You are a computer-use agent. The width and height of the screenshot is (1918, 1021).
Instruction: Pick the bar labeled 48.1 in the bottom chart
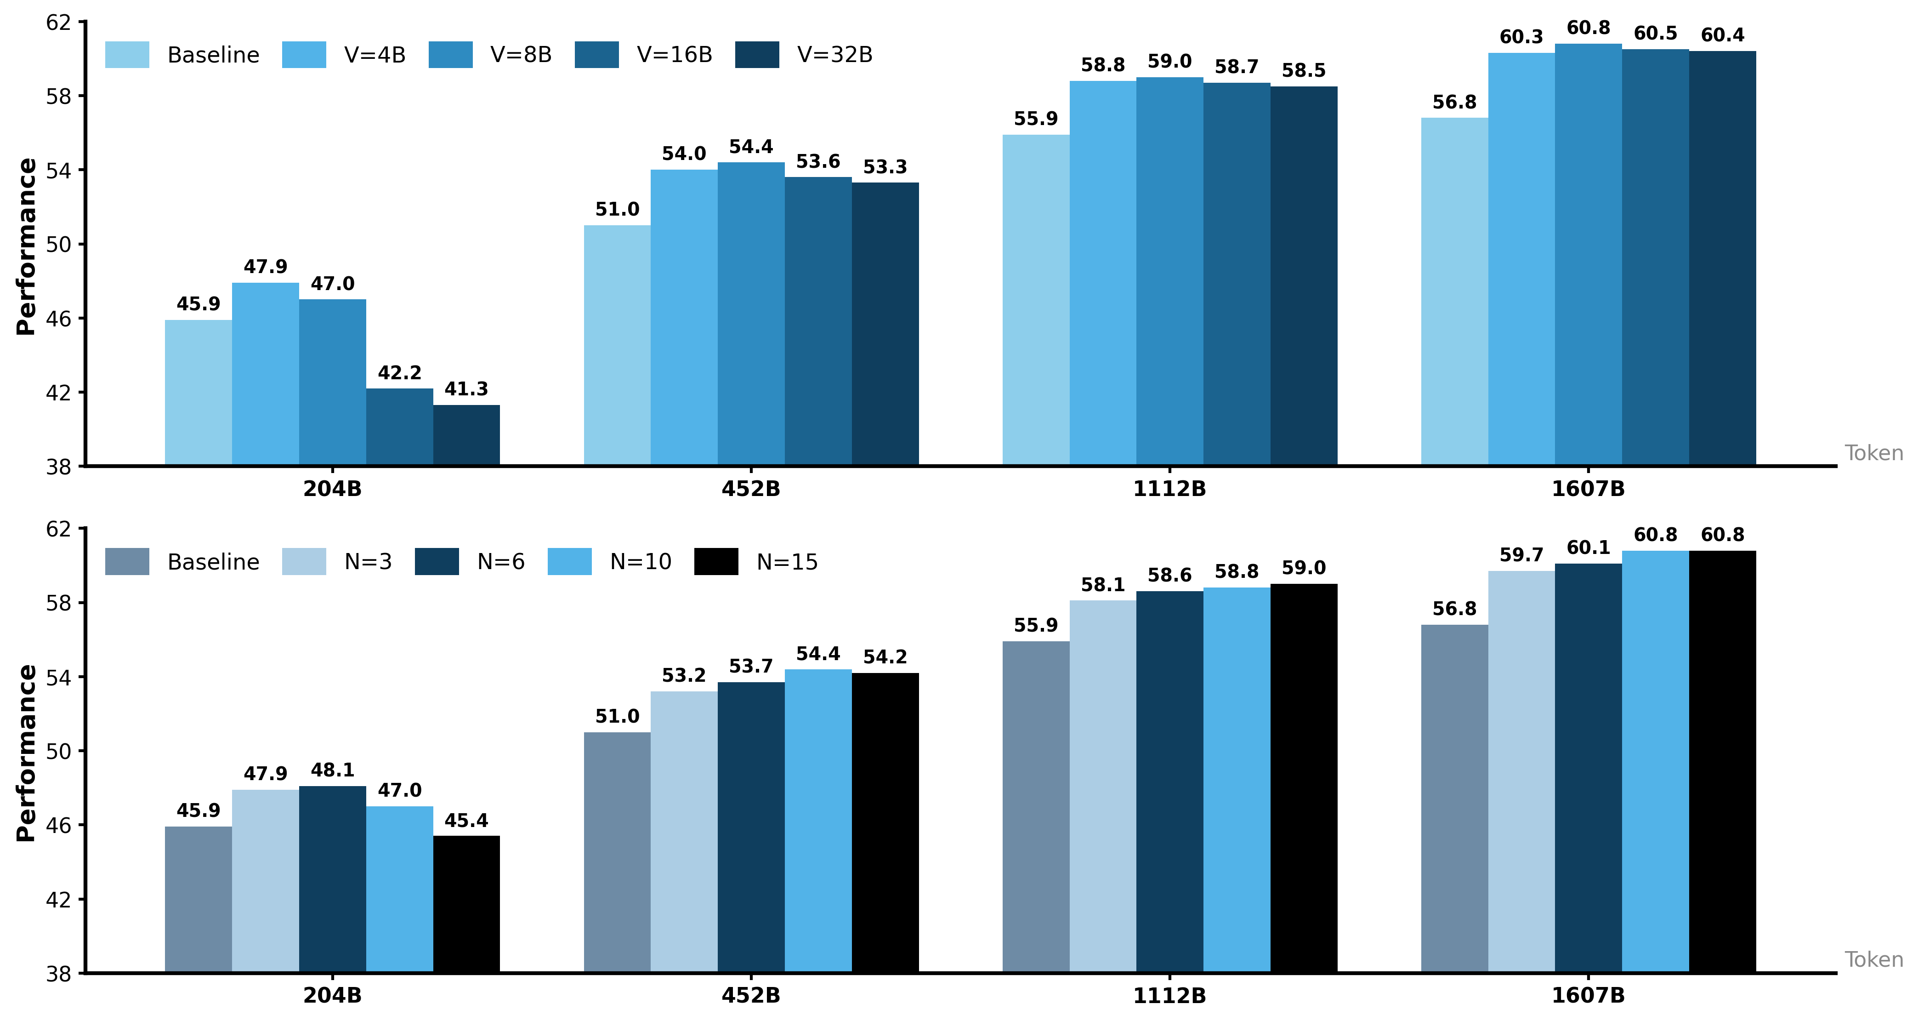point(332,879)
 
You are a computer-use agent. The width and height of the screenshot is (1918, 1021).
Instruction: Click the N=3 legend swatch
point(304,561)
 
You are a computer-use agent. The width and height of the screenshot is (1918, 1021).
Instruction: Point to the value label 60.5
point(1655,34)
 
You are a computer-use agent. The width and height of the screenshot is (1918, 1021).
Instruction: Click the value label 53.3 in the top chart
point(885,167)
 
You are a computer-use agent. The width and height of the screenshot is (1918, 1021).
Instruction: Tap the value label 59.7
point(1521,555)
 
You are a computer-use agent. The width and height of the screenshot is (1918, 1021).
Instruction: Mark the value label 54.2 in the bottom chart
point(885,657)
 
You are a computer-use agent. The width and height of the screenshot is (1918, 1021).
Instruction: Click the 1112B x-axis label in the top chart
point(1169,489)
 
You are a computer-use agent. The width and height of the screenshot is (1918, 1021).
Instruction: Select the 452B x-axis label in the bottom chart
point(750,996)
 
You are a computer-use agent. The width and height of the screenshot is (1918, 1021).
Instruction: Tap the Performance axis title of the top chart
point(26,246)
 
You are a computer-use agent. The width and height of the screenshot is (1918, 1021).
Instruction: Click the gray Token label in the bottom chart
point(1873,959)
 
